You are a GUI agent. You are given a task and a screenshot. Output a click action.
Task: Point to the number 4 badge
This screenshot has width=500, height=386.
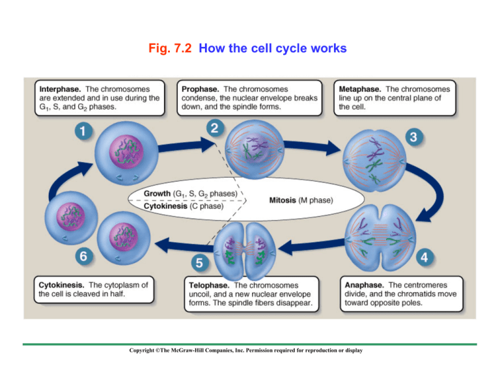(x=425, y=257)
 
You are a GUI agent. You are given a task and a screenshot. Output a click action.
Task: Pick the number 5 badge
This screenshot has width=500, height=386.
(x=201, y=263)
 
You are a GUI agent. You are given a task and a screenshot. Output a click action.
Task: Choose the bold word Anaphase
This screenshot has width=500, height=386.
(x=365, y=284)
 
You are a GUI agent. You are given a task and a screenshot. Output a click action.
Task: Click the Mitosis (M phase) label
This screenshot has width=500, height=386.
(x=299, y=200)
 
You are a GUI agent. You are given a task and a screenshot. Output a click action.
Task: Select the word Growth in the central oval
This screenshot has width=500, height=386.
(x=158, y=195)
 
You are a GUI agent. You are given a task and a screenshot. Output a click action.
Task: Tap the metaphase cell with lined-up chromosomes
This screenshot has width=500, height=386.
(x=374, y=158)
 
